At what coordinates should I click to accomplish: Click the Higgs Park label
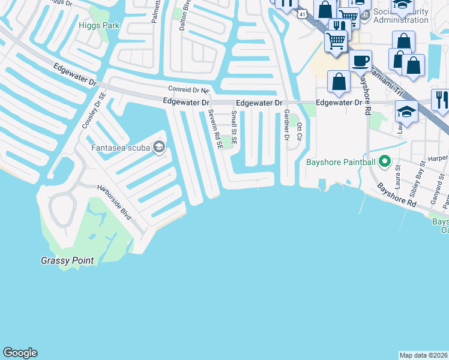[x=99, y=25]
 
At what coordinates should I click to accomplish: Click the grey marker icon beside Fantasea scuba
[x=159, y=147]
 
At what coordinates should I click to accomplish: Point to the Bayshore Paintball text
[x=340, y=161]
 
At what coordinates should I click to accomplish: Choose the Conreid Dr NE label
[x=187, y=90]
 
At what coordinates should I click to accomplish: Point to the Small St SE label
[x=234, y=128]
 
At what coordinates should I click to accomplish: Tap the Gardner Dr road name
[x=286, y=124]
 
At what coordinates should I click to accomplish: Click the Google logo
[x=20, y=353]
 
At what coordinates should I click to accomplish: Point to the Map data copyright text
[x=424, y=355]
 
